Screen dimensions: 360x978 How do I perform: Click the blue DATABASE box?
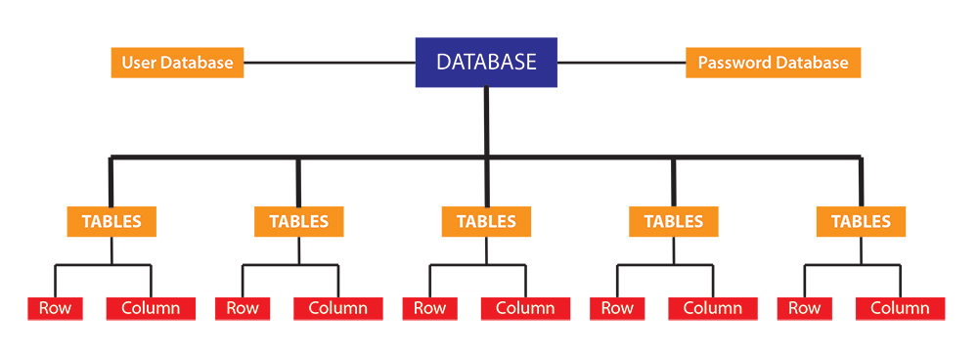click(x=486, y=62)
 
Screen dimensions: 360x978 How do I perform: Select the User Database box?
click(x=177, y=63)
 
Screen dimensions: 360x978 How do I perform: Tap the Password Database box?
click(x=773, y=63)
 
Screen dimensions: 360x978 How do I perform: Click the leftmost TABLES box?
click(x=111, y=221)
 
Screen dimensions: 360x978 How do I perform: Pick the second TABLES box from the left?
click(x=298, y=221)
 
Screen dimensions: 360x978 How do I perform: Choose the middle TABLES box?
click(x=486, y=221)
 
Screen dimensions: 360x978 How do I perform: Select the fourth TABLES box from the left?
click(x=674, y=221)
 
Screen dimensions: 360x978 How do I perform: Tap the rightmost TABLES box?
click(x=861, y=221)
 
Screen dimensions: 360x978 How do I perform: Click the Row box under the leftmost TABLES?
click(x=55, y=308)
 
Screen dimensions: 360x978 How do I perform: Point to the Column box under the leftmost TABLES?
click(x=151, y=308)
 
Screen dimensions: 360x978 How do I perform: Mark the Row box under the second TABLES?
click(x=242, y=308)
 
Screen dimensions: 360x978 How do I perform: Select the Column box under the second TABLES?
click(x=337, y=308)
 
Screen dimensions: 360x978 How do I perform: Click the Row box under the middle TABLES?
click(x=429, y=308)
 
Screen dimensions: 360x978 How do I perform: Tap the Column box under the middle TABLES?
click(x=525, y=308)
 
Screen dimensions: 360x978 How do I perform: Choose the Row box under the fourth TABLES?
click(x=617, y=308)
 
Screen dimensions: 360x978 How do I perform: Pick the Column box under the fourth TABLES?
click(x=713, y=308)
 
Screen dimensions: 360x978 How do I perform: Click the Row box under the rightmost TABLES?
click(x=804, y=308)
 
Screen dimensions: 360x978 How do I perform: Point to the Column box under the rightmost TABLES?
click(x=900, y=308)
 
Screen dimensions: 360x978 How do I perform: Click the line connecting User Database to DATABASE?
click(x=330, y=64)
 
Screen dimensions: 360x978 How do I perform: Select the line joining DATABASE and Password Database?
click(x=621, y=64)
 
